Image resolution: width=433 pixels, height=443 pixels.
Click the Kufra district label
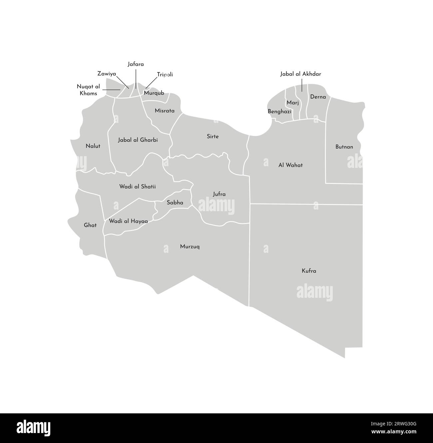tap(309, 271)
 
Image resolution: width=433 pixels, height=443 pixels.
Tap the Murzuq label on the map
tap(190, 247)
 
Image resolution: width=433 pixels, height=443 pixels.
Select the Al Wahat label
tap(290, 165)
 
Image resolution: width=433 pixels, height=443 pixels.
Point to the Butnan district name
tap(344, 147)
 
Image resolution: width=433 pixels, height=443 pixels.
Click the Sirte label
tap(213, 137)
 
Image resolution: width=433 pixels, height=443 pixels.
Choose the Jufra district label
tap(219, 194)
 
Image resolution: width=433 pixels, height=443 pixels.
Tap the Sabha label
tap(175, 202)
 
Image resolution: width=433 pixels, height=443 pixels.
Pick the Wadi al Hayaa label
tap(129, 221)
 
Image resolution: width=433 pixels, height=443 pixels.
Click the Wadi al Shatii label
tap(138, 187)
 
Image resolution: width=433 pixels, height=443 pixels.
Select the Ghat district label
tap(90, 225)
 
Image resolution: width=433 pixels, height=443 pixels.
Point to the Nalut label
tap(93, 146)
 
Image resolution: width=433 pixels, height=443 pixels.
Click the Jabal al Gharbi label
tap(138, 140)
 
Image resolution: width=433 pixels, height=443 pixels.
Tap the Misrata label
tap(165, 111)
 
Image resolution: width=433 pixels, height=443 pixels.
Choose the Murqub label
tap(154, 93)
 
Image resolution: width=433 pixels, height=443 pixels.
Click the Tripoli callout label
tap(165, 75)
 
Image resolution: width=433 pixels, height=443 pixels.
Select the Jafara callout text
tap(136, 64)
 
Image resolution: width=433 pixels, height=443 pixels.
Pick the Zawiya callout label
tap(107, 74)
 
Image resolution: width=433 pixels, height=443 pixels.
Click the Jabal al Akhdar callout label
tap(300, 74)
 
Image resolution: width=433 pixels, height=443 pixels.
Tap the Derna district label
tap(318, 97)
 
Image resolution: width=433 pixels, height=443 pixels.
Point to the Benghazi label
tap(279, 112)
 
